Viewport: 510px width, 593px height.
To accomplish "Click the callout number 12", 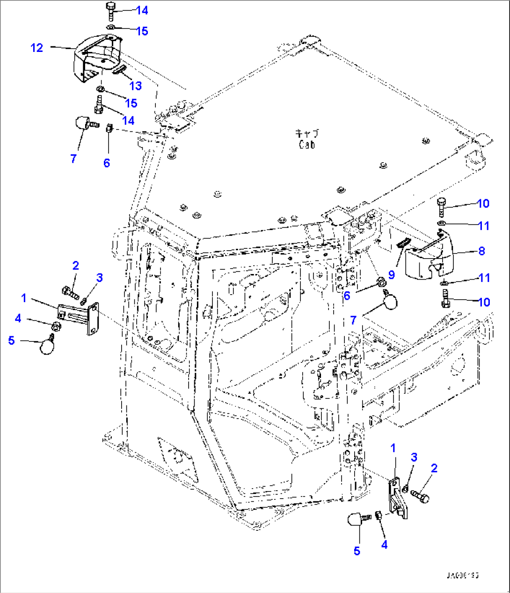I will pos(36,48).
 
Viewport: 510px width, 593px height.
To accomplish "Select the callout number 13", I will pos(135,86).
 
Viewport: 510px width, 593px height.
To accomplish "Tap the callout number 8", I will pos(481,251).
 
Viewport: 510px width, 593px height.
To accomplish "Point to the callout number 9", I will pos(392,275).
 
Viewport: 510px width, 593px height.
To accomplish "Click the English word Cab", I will pos(307,145).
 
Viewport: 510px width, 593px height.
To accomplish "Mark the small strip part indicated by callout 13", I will pos(119,70).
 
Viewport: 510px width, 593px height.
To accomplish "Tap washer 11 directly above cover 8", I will pos(441,224).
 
